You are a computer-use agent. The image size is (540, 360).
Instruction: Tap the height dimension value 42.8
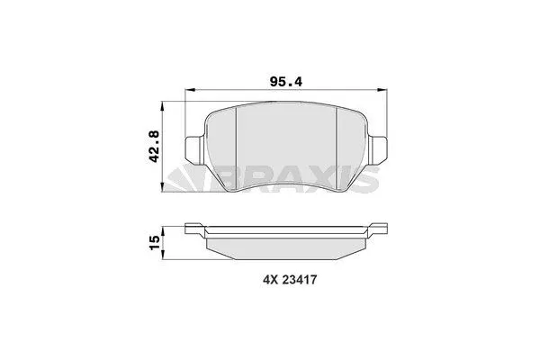coord(155,145)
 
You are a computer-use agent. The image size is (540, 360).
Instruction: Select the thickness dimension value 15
coord(155,240)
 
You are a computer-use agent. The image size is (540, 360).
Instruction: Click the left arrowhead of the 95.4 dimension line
coord(189,91)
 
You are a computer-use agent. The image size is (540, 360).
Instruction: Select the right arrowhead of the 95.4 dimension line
coord(382,91)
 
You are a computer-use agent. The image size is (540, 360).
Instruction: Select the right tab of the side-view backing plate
coord(379,227)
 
